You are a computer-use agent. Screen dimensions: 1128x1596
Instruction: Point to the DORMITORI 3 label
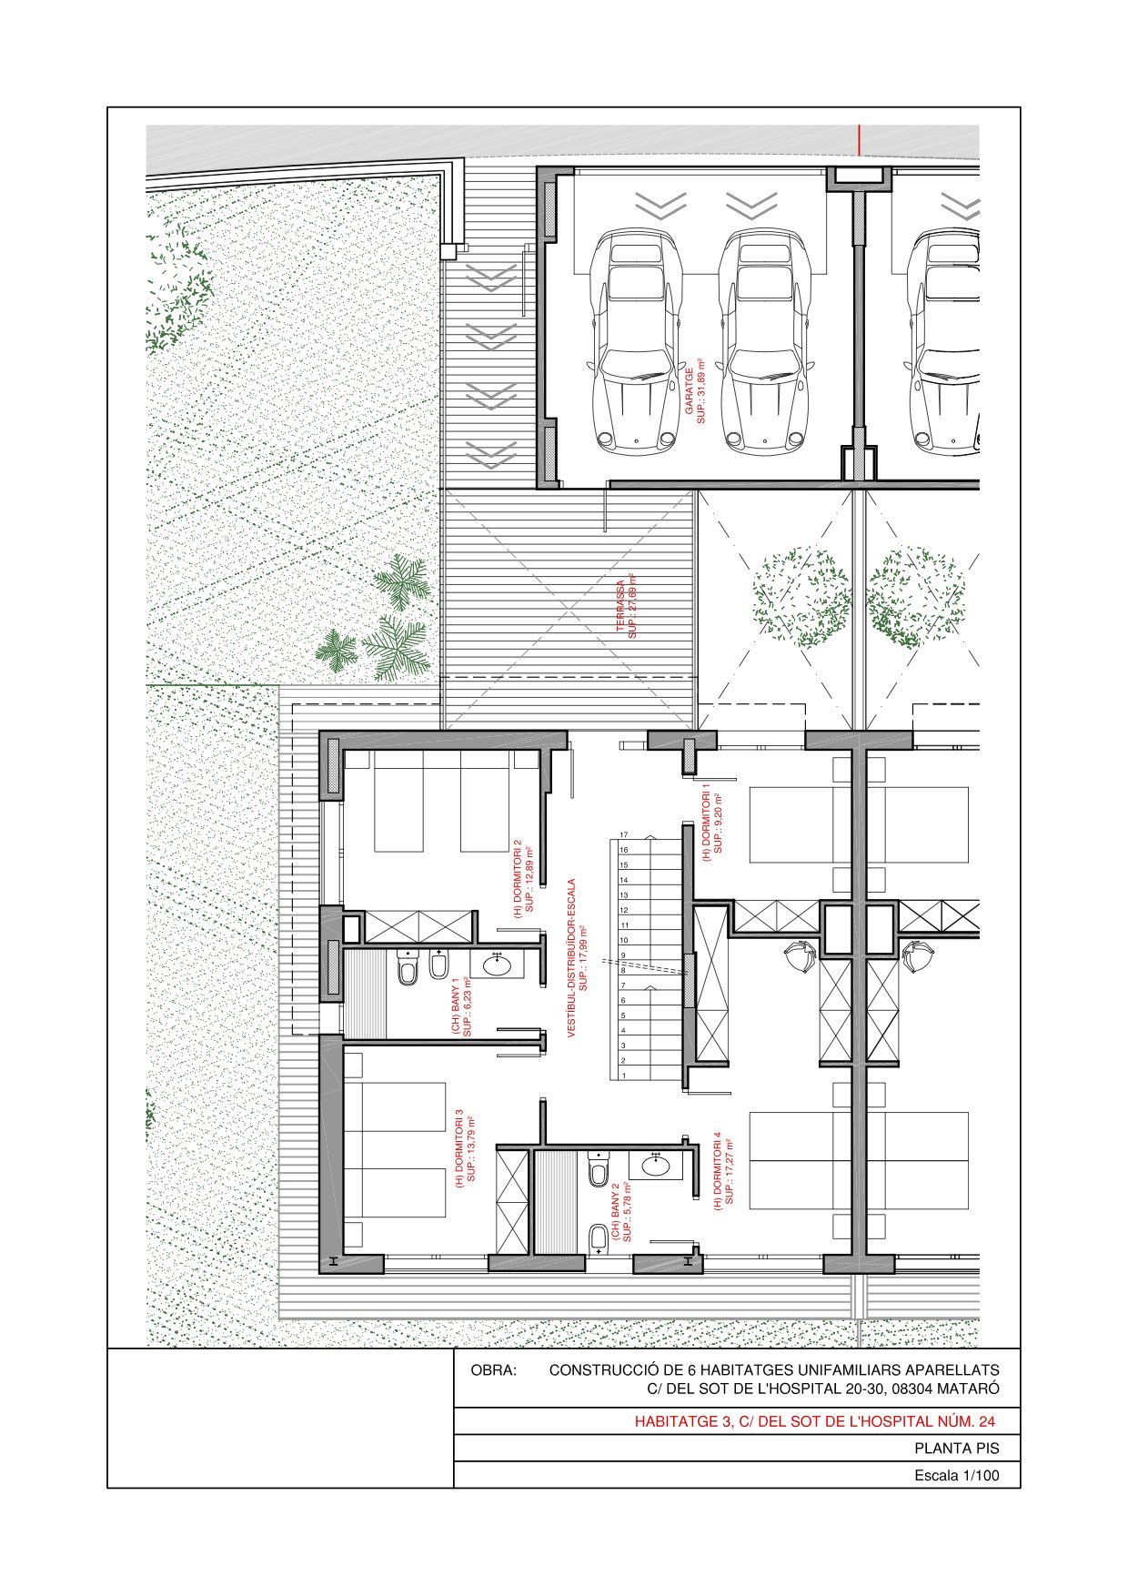coord(459,1144)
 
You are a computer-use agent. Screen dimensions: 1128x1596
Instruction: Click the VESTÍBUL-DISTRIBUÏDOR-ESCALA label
coord(572,957)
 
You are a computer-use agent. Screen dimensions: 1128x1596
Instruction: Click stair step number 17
coord(624,835)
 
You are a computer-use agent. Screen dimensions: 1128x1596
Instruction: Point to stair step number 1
coord(624,1076)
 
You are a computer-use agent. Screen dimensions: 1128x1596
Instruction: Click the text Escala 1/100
coord(956,1476)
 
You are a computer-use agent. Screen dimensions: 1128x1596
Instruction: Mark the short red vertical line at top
coord(859,137)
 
